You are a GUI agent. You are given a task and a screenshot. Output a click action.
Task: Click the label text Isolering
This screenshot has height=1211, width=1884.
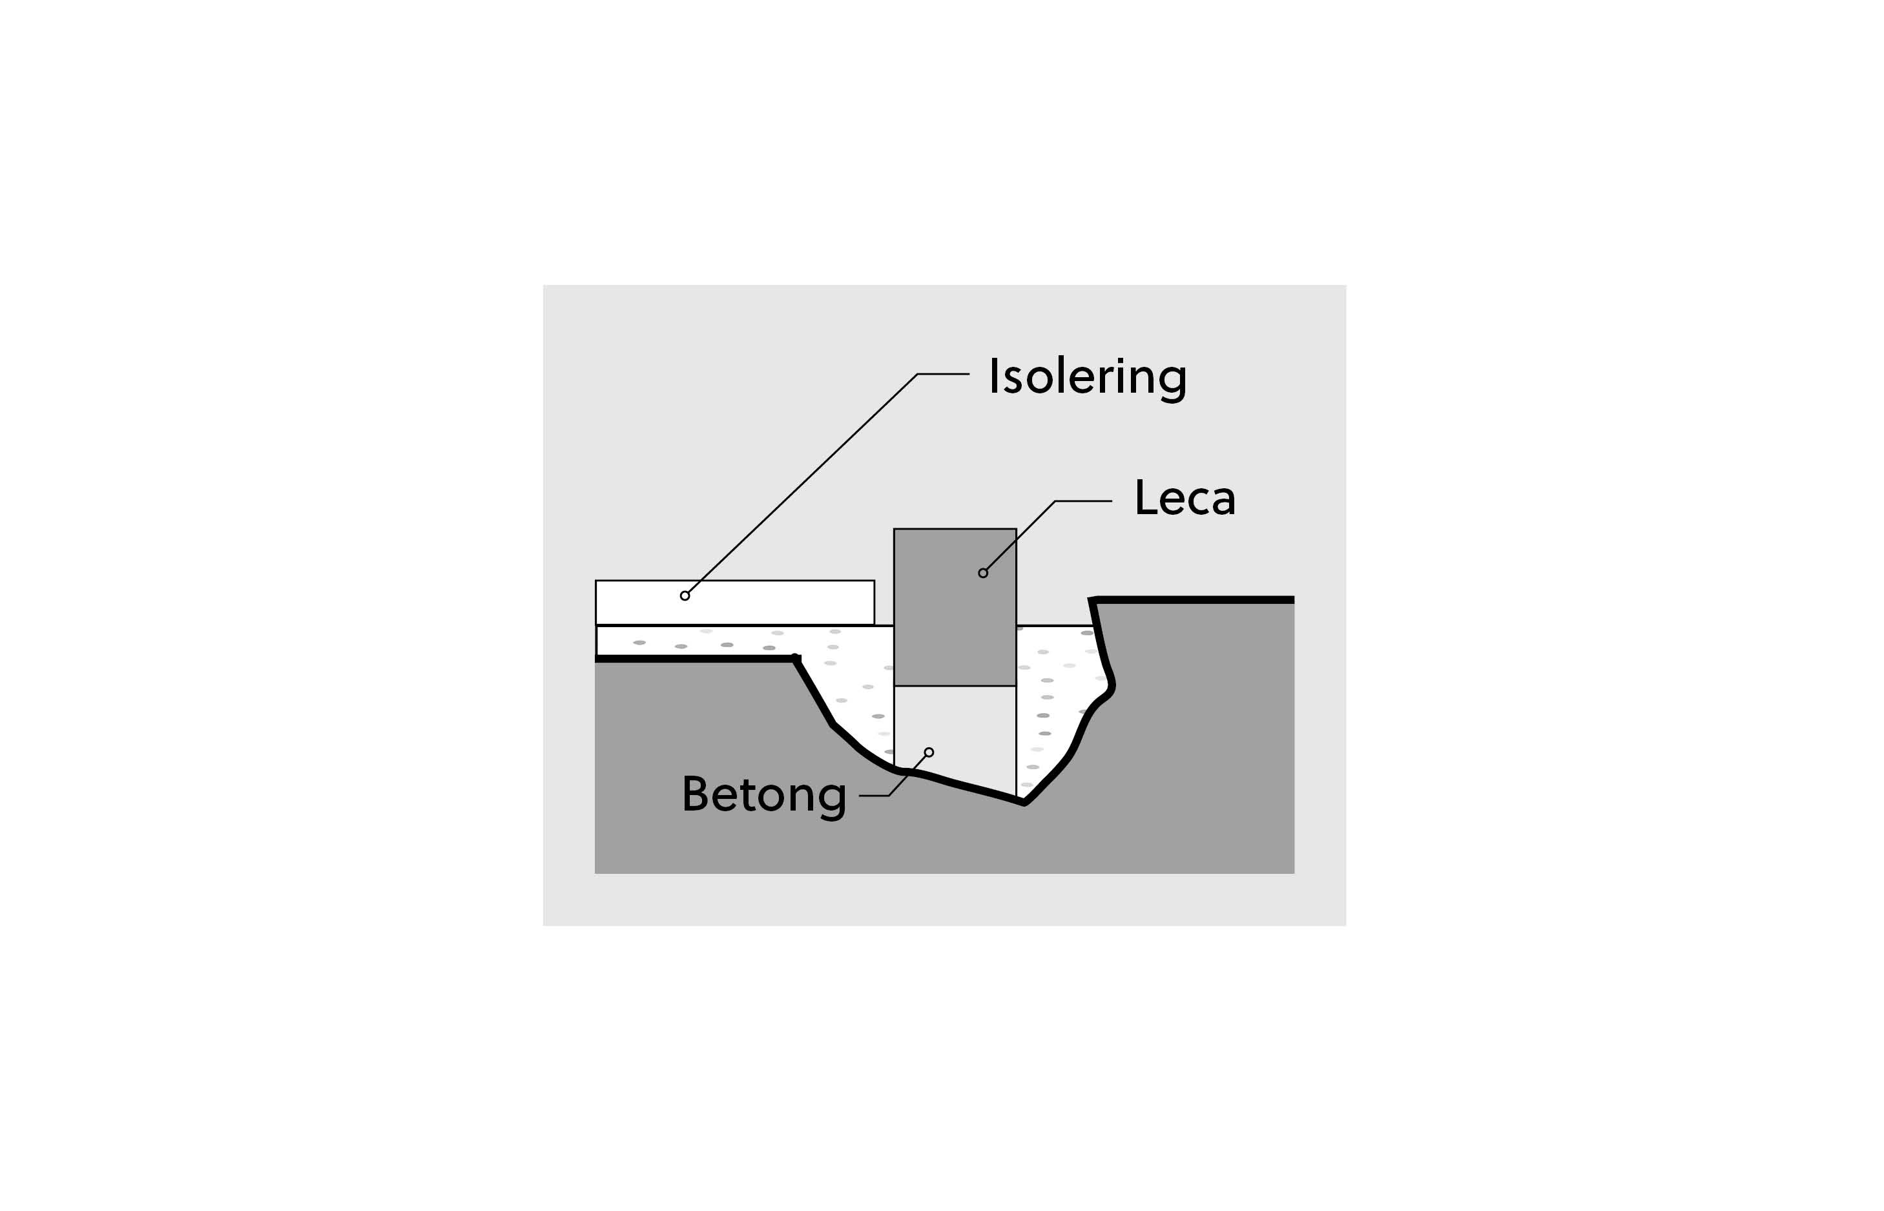(1088, 377)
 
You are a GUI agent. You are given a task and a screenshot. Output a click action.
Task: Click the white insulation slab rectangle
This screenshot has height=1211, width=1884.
(734, 603)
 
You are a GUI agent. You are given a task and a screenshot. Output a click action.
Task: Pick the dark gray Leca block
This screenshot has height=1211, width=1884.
(955, 607)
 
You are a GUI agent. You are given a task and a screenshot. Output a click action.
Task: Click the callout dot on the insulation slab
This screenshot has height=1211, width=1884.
(685, 596)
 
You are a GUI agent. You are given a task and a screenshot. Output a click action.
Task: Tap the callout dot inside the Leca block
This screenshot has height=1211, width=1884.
(983, 574)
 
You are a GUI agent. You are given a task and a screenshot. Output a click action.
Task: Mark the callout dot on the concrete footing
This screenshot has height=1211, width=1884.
(929, 752)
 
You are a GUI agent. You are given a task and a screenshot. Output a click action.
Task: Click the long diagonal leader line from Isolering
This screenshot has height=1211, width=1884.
(803, 483)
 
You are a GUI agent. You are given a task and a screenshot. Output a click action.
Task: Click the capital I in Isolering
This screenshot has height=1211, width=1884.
(993, 376)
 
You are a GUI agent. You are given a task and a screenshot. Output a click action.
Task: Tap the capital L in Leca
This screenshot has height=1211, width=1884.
(1146, 499)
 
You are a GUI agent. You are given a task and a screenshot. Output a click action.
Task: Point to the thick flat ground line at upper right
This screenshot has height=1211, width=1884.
(1194, 600)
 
